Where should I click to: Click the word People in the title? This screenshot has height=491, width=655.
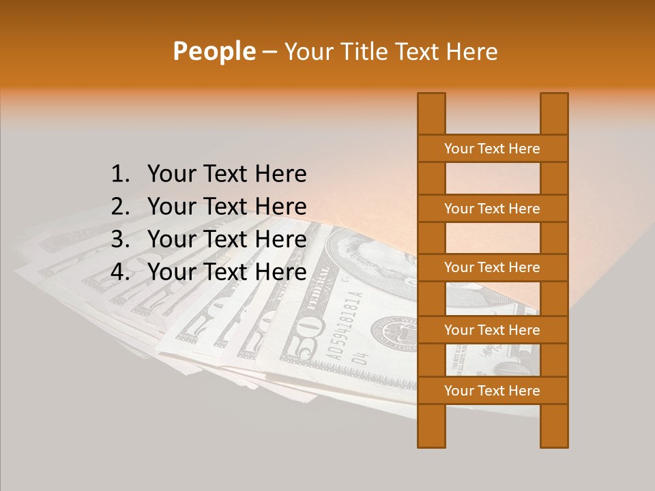pos(214,51)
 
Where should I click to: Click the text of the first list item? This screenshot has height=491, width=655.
pos(227,175)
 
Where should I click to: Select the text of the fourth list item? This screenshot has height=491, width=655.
pos(227,272)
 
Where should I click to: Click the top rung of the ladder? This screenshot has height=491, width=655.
pos(492,149)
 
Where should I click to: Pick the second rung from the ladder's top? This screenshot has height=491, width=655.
pos(492,209)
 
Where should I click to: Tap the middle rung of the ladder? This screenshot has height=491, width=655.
pos(492,268)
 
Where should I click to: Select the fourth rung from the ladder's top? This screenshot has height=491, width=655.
pos(492,330)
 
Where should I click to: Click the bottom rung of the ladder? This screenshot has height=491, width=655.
pos(492,391)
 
